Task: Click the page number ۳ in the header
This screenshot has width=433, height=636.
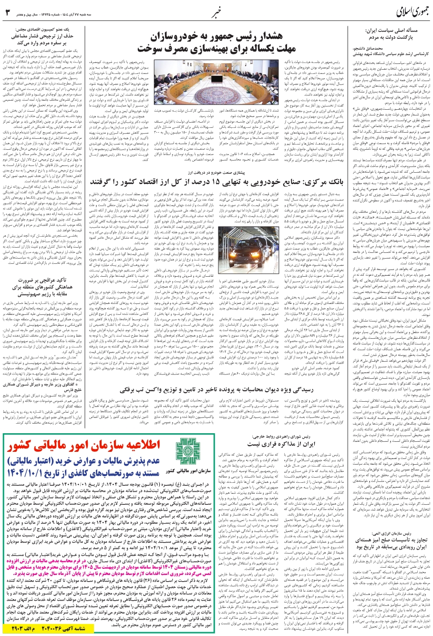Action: pos(7,10)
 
